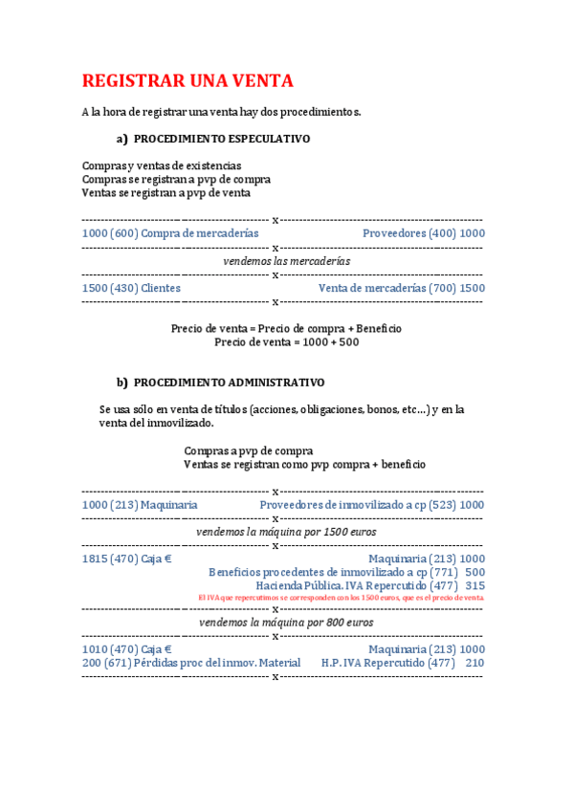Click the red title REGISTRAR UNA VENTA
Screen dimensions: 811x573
click(x=187, y=80)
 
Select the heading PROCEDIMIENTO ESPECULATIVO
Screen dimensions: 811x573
click(x=222, y=139)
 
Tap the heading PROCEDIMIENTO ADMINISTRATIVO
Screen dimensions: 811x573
click(x=229, y=383)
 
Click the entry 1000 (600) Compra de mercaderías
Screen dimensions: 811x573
click(x=170, y=233)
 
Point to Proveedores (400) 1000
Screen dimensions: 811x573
click(x=423, y=233)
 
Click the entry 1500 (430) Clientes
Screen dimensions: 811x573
click(x=131, y=288)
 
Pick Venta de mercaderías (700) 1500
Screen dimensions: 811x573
click(x=401, y=288)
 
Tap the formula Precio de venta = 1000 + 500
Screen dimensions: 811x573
click(x=286, y=341)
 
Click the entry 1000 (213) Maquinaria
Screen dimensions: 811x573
click(x=140, y=504)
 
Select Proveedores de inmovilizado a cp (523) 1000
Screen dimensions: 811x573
click(x=371, y=504)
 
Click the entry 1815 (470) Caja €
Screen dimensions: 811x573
click(x=121, y=559)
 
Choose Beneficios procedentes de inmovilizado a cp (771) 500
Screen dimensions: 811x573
click(x=346, y=572)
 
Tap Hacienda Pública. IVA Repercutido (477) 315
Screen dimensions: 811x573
click(x=370, y=585)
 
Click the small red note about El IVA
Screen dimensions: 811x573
click(x=341, y=597)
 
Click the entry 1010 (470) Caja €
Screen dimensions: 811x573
click(x=121, y=649)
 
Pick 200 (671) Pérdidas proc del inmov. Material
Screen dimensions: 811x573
click(x=191, y=663)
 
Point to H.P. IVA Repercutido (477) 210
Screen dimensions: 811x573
click(x=403, y=663)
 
